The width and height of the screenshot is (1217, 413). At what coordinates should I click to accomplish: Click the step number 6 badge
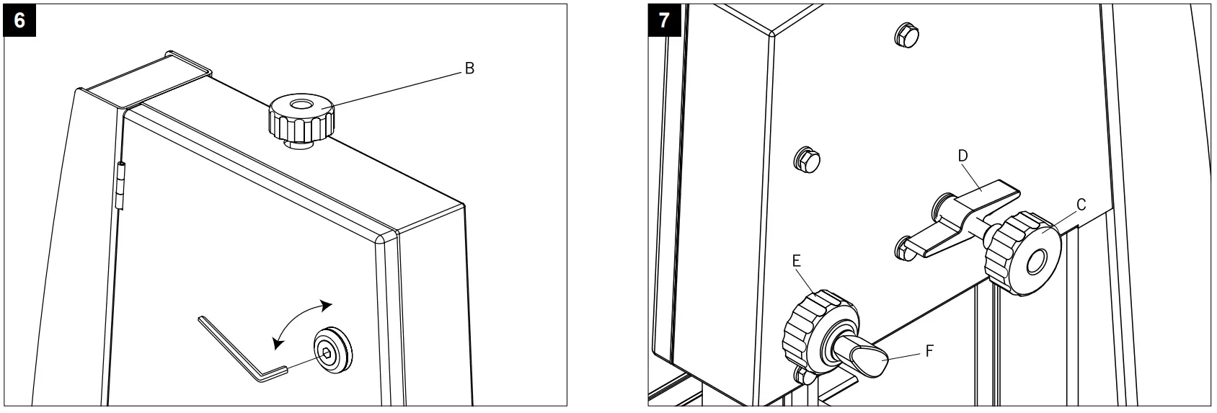[x=19, y=20]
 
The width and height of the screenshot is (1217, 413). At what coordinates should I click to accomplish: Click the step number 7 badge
[x=663, y=20]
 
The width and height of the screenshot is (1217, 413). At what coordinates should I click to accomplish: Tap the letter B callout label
[x=469, y=69]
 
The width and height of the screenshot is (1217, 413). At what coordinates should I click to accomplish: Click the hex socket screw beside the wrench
[x=327, y=354]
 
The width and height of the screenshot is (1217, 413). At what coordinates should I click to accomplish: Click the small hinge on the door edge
[x=120, y=187]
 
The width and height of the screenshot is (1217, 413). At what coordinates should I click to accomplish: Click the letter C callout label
[x=1080, y=205]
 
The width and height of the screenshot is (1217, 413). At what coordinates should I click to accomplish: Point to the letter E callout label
[x=796, y=261]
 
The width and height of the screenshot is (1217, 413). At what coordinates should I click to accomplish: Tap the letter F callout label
[x=930, y=352]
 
